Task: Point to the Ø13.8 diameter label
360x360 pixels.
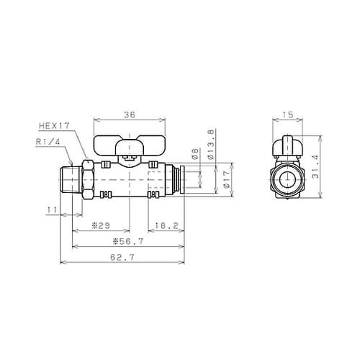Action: click(x=210, y=143)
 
